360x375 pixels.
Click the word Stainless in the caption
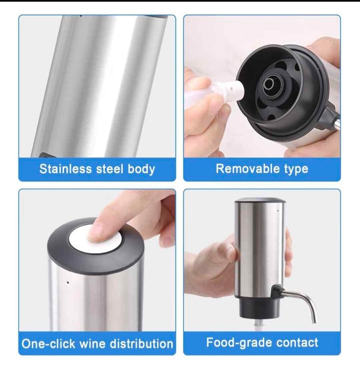click(x=66, y=169)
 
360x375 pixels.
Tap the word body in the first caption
click(x=141, y=169)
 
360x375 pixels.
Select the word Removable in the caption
click(x=248, y=169)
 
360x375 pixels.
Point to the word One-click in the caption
click(x=48, y=344)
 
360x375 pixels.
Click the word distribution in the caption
click(x=141, y=344)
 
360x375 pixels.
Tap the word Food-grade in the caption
click(x=239, y=342)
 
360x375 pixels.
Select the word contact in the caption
click(x=297, y=342)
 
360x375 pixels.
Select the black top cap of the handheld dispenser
click(x=260, y=200)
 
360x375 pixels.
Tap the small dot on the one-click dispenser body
click(x=68, y=282)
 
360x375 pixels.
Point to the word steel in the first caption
click(x=109, y=169)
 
